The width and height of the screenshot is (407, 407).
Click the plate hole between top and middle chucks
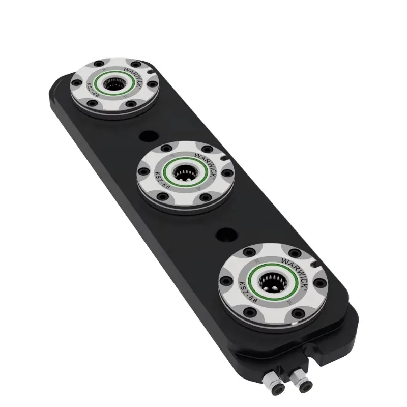[x=148, y=136]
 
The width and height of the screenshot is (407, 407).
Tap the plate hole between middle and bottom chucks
[x=223, y=235]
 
